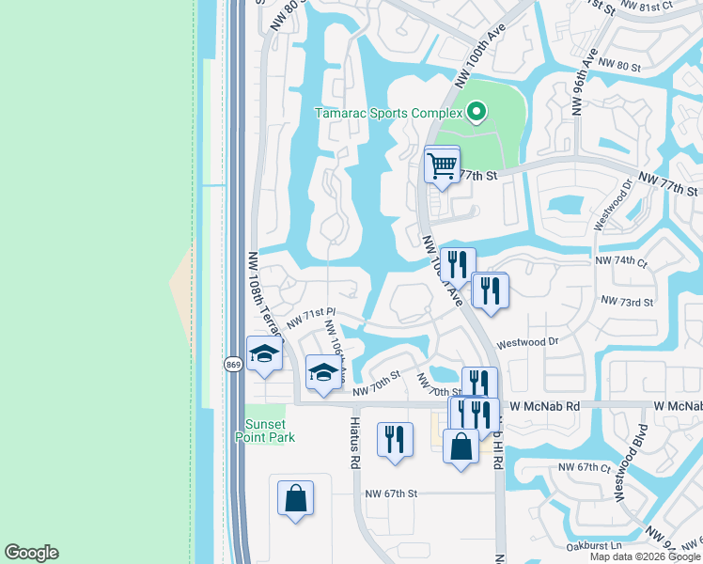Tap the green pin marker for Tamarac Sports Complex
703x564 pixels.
(x=476, y=114)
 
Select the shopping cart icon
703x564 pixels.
(x=442, y=166)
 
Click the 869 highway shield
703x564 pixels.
(x=233, y=364)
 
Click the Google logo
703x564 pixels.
(x=31, y=553)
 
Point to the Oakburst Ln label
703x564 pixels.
(x=596, y=545)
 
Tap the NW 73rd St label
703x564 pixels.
(x=627, y=302)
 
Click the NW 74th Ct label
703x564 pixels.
(x=622, y=260)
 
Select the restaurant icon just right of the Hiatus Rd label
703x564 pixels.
(x=395, y=440)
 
